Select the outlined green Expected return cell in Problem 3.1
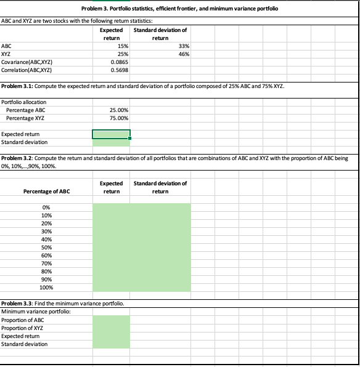click(111, 134)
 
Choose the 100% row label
click(46, 288)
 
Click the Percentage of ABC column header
click(46, 192)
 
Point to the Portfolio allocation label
click(25, 102)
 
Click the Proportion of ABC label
click(23, 320)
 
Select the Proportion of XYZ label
click(23, 328)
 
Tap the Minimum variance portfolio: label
click(31, 312)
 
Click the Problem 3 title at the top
click(179, 9)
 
